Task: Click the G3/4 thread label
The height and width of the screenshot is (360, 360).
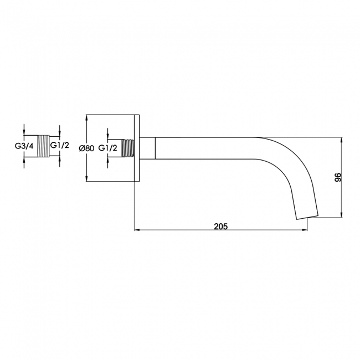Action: click(24, 146)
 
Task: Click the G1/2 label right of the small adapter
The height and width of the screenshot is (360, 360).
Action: click(59, 145)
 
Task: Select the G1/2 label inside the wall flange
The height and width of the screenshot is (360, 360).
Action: click(107, 148)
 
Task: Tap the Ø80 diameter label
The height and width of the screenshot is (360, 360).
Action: click(86, 148)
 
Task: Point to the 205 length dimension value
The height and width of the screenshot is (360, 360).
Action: click(221, 227)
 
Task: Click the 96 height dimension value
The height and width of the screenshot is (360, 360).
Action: click(338, 177)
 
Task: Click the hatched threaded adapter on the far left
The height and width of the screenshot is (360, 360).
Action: click(43, 146)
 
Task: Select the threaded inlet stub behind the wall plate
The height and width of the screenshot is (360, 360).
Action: click(128, 148)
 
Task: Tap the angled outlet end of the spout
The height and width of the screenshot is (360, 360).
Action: click(307, 218)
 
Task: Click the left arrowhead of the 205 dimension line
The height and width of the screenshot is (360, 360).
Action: click(137, 230)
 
